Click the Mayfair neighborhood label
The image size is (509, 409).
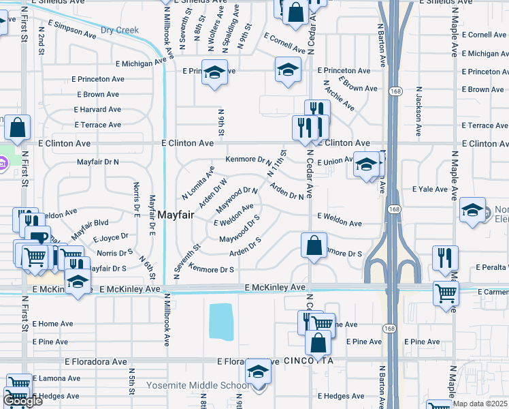176,215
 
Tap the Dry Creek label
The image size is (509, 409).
119,31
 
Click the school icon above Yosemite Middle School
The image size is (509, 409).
258,372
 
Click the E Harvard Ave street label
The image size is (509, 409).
97,110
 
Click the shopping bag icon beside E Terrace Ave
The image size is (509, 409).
18,127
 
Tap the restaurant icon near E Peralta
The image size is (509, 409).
445,258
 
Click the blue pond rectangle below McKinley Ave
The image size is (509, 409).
220,321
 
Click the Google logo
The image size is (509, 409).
22,402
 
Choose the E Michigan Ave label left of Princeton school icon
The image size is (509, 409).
141,63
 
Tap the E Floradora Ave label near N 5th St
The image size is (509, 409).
96,361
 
